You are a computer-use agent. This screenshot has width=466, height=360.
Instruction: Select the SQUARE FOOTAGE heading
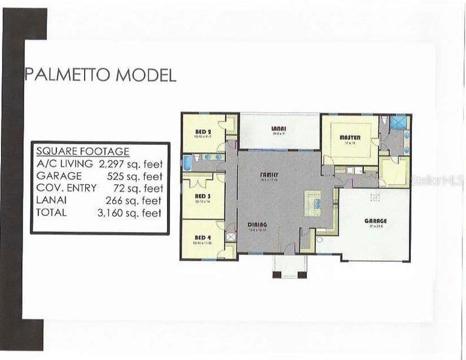pos(82,151)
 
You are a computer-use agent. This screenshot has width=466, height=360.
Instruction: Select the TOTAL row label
pos(52,213)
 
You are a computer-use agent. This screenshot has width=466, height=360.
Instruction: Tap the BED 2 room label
pos(202,131)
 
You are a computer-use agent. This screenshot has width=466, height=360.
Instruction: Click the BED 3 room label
pos(202,196)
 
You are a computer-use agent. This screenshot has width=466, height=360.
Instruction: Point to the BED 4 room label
pos(202,237)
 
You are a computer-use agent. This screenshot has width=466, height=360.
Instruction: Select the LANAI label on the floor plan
pos(278,128)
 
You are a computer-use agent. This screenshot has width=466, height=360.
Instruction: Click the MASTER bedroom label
pos(349,137)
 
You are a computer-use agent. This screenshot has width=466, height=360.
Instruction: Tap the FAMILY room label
pos(268,174)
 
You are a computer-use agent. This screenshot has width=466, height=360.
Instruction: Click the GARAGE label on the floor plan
pos(375,221)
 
